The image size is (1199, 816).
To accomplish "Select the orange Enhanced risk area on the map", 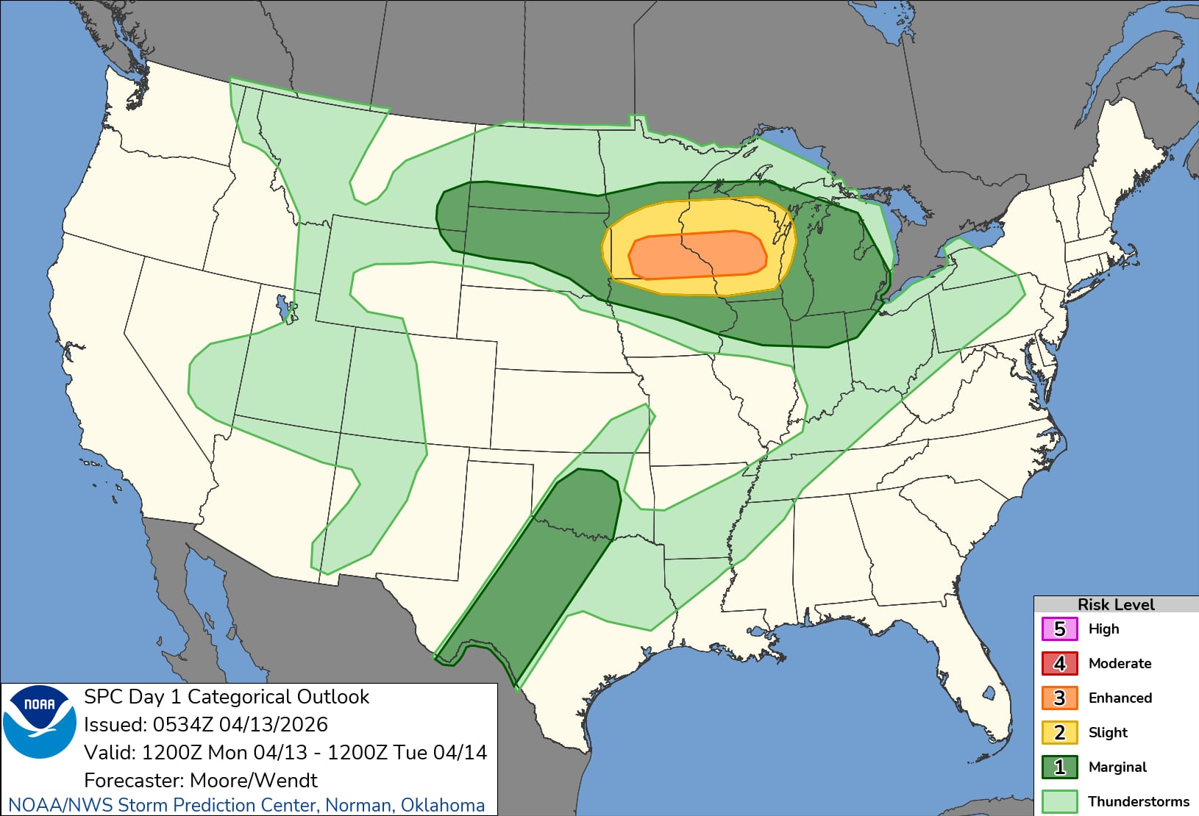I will pos(697,255).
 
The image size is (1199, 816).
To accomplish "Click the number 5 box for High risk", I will pos(1059,629).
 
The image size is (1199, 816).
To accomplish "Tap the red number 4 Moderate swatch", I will pos(1059,663).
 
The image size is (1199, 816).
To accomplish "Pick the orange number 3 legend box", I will pos(1059,698).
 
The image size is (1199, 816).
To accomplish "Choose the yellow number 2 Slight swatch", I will pos(1059,732).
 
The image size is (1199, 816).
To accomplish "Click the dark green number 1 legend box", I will pos(1059,767).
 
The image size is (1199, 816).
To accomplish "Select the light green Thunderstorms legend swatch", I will pos(1059,801).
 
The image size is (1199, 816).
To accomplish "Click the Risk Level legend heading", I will pos(1115,604).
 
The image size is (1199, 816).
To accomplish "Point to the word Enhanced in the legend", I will pos(1120,698).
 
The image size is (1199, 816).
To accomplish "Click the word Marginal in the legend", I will pos(1117,767).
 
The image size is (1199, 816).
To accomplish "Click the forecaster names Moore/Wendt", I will pos(253,780).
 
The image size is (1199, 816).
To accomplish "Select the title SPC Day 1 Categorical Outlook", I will pos(227,697).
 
